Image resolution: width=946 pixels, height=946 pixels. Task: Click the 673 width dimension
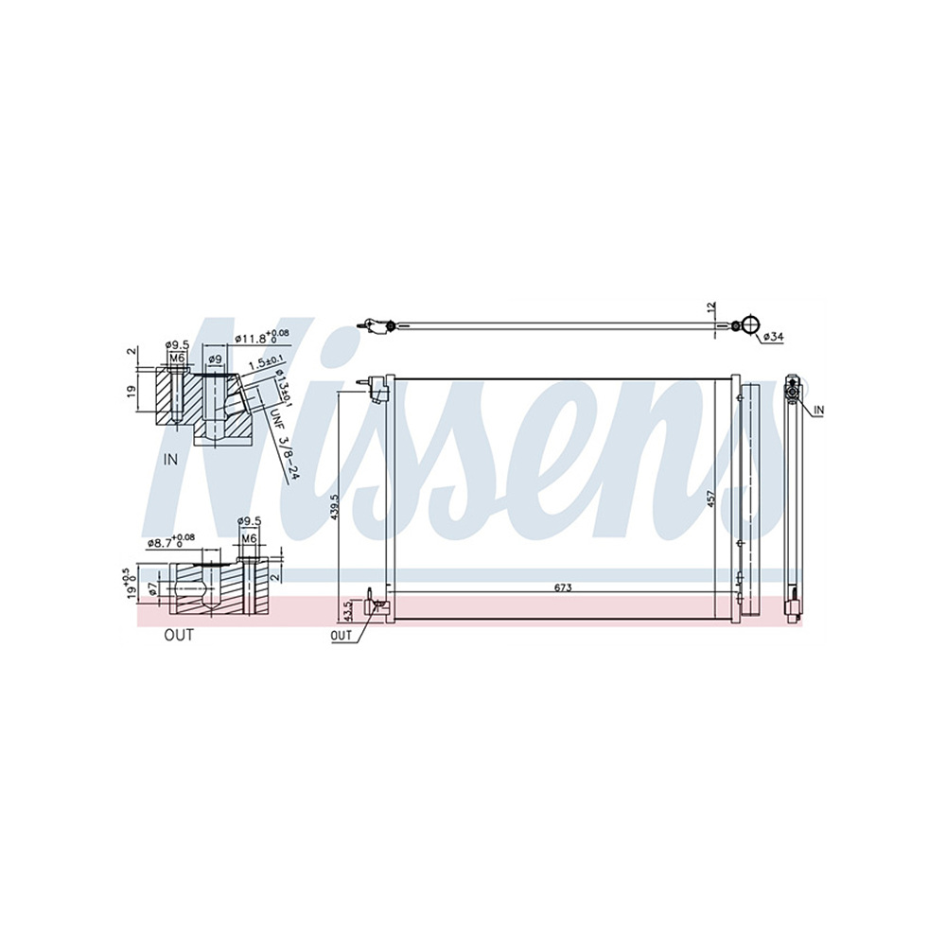[563, 587]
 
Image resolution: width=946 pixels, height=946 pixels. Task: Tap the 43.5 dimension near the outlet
[347, 610]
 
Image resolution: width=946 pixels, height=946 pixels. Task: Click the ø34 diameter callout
[773, 337]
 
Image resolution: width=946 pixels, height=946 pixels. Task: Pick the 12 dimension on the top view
[712, 308]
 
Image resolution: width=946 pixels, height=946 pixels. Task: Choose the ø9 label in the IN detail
[215, 359]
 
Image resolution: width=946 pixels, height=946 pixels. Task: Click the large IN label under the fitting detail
[171, 461]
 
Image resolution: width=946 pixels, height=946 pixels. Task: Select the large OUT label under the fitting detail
[178, 635]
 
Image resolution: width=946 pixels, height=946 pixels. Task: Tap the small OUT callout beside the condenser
[341, 636]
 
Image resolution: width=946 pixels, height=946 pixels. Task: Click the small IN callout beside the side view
[818, 409]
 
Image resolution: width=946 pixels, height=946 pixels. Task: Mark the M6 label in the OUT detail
[249, 538]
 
